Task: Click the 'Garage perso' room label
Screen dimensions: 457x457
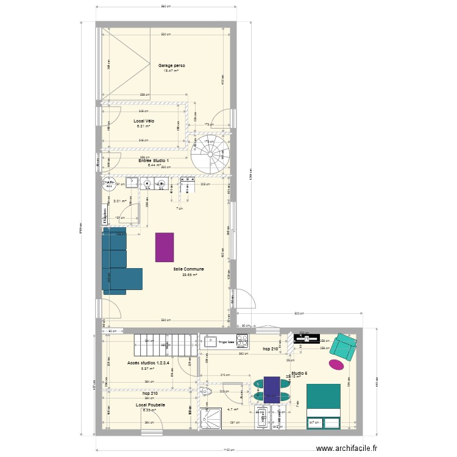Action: [x=172, y=65]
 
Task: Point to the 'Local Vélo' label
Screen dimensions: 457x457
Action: [x=144, y=121]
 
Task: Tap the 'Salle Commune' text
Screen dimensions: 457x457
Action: [x=189, y=269]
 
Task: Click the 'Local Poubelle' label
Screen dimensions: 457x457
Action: [x=150, y=405]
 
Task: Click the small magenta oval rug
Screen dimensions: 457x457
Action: [x=336, y=364]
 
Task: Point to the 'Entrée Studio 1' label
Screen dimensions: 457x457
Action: [x=154, y=160]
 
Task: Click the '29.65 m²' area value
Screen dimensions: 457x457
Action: [x=189, y=274]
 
